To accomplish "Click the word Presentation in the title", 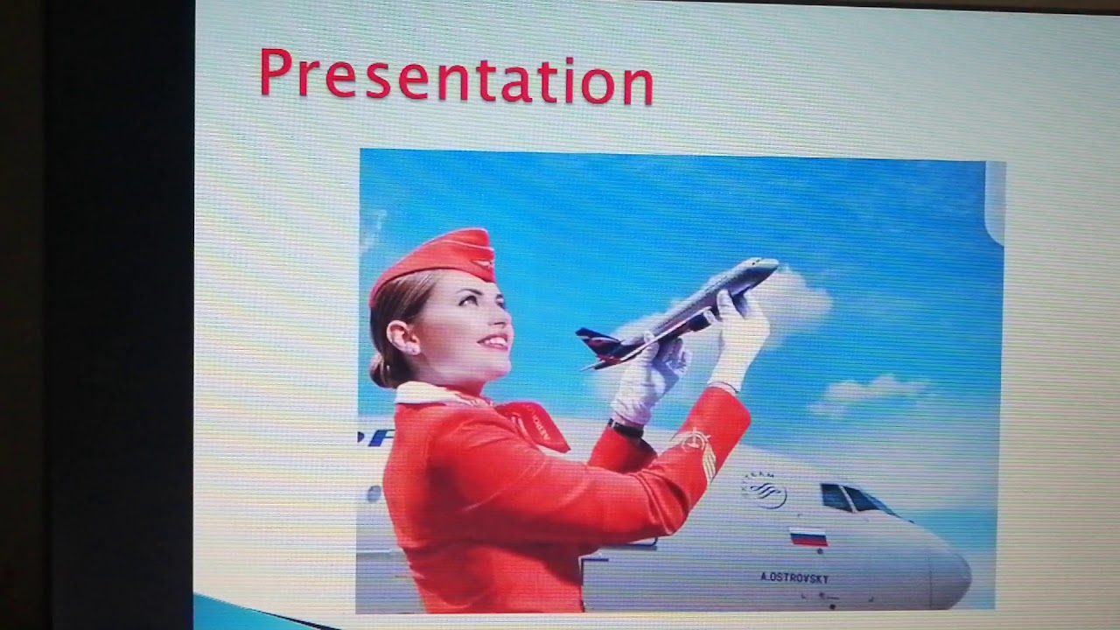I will [456, 76].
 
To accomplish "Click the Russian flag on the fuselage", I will [808, 536].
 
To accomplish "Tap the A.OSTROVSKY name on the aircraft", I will [794, 577].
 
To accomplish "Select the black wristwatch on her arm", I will [626, 428].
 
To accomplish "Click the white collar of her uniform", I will [429, 394].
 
